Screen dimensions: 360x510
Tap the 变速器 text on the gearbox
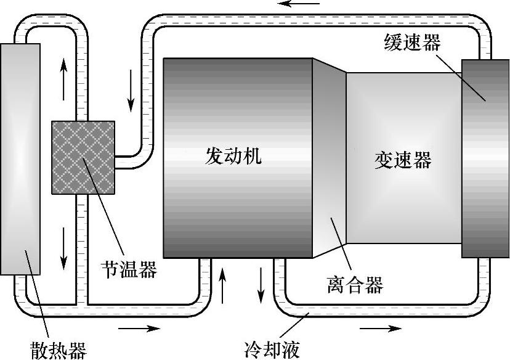[x=402, y=160]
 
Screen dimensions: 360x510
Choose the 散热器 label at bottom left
[x=58, y=350]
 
